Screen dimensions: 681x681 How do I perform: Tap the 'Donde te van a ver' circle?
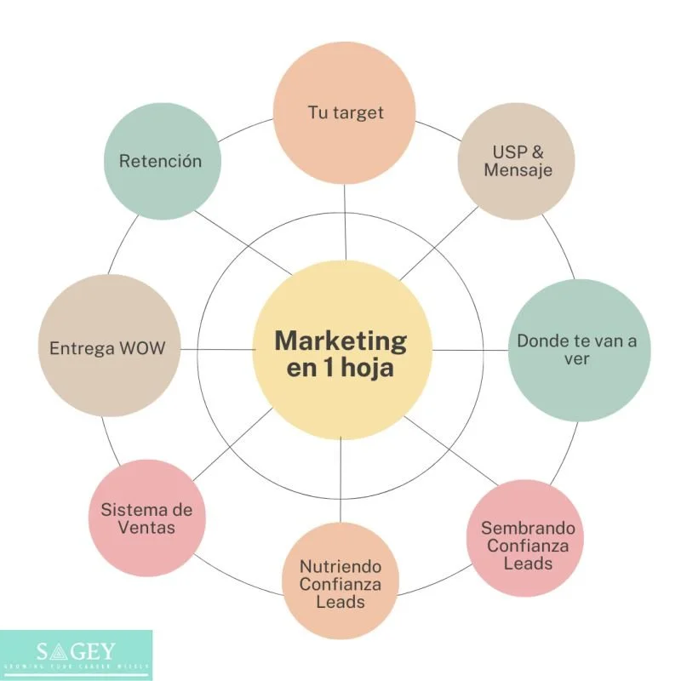click(576, 350)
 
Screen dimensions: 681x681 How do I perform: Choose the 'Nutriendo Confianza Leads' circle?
click(340, 582)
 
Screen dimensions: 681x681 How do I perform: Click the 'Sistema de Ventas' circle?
click(146, 518)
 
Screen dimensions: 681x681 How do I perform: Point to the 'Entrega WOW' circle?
click(106, 348)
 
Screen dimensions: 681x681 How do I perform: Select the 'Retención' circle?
click(161, 161)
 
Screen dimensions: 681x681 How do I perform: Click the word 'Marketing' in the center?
click(340, 340)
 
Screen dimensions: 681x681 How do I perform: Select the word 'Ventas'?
click(146, 528)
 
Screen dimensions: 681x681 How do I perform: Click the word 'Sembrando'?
click(528, 528)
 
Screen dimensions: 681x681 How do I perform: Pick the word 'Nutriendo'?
click(340, 566)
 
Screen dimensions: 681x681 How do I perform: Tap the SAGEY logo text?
click(77, 652)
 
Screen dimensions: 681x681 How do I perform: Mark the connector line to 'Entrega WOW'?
click(217, 349)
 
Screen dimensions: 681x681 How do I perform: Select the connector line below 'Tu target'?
click(346, 221)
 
